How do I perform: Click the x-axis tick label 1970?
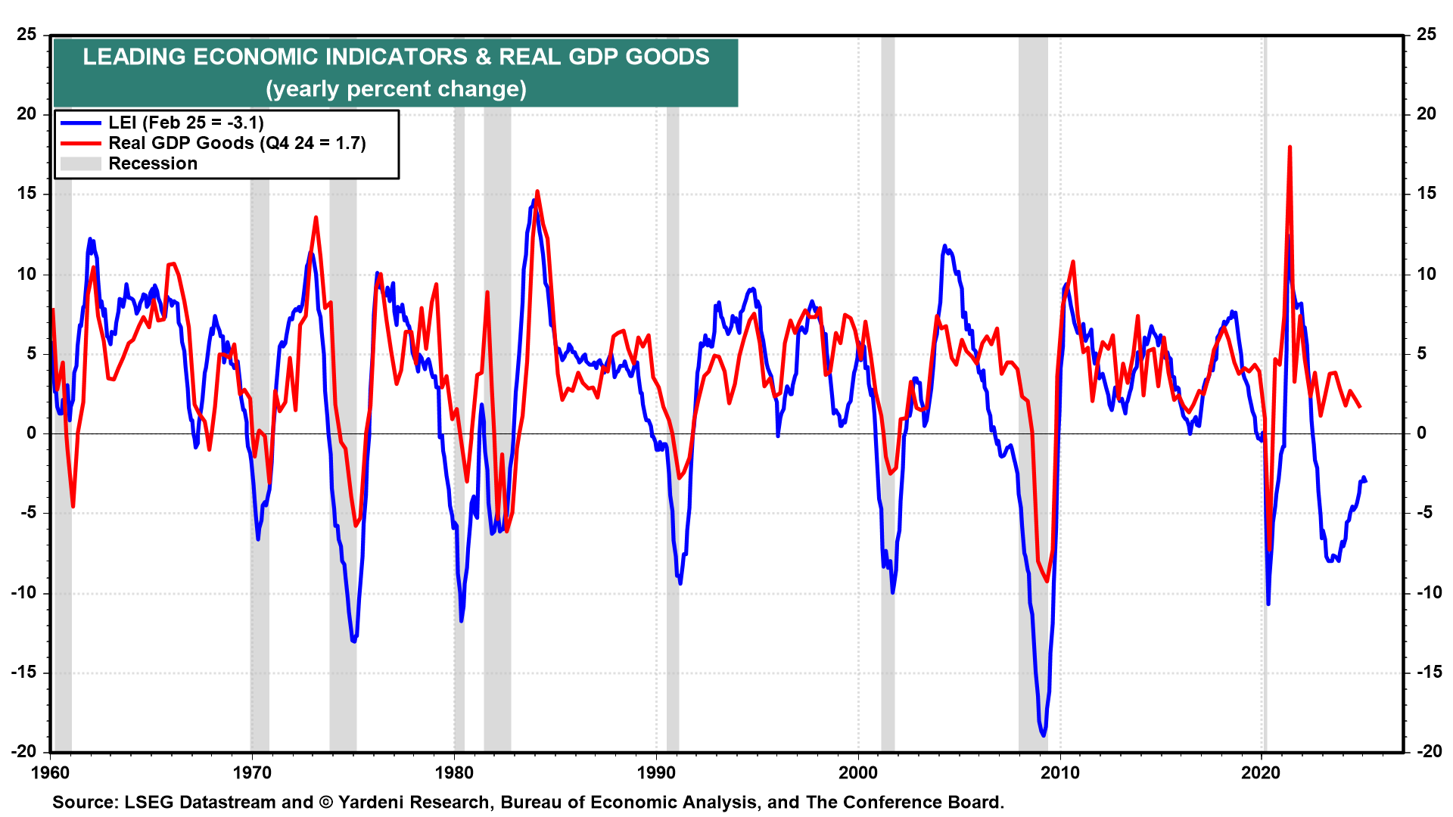pos(251,772)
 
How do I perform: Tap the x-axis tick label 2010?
pos(1060,772)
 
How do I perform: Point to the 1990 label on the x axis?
pos(656,772)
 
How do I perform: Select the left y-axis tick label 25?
pos(27,35)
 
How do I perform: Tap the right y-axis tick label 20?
pos(1427,114)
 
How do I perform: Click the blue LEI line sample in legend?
pos(80,123)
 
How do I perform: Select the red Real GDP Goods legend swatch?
pos(80,143)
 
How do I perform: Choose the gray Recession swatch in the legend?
pos(80,163)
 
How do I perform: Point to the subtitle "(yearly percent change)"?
pos(396,89)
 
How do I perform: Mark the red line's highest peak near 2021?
pos(1289,148)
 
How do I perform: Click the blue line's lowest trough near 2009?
pos(1044,735)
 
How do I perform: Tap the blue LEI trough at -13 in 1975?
pos(353,641)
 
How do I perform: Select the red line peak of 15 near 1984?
pos(537,192)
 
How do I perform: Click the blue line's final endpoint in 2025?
pos(1365,481)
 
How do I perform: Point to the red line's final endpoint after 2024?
pos(1360,407)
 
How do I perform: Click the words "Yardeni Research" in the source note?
pos(415,803)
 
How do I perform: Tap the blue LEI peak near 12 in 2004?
pos(944,247)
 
